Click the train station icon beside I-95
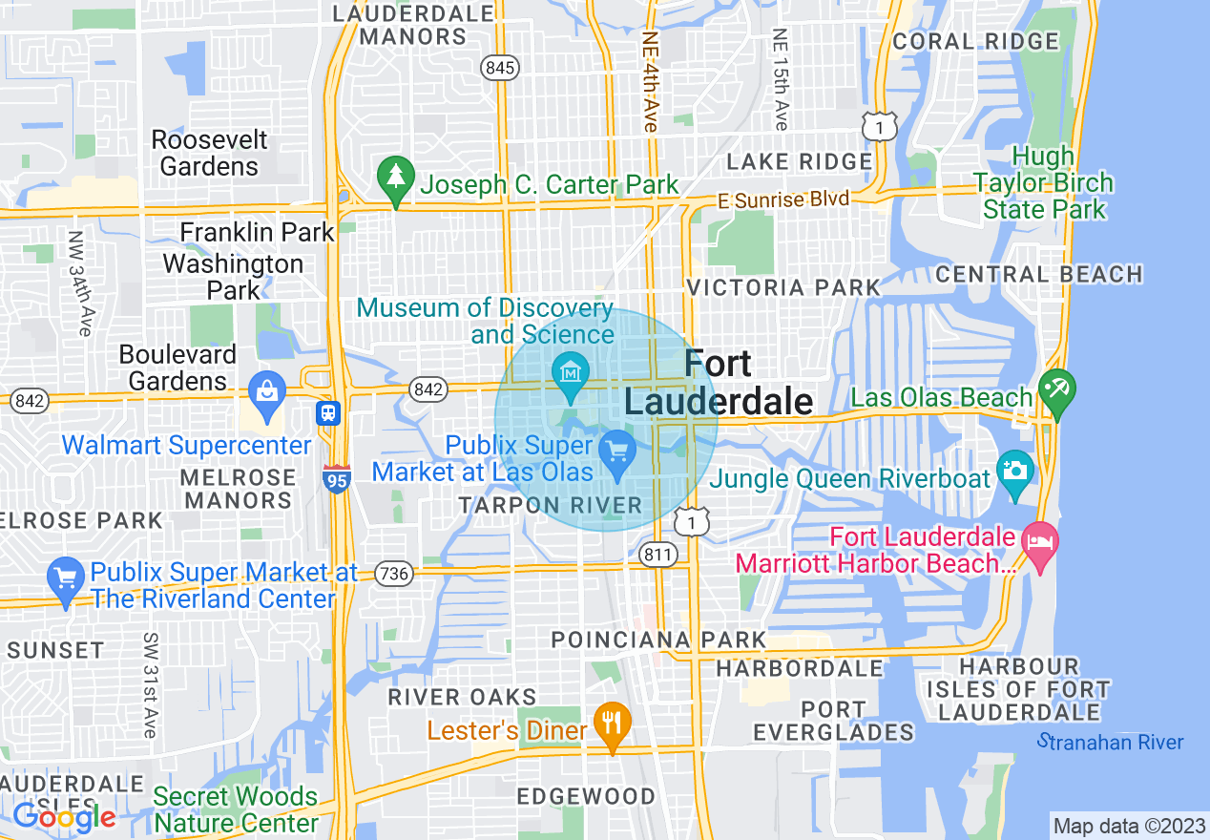[x=328, y=413]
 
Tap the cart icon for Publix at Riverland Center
[x=66, y=578]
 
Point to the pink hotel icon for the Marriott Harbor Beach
[x=1040, y=542]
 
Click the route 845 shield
[x=500, y=68]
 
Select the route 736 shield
[x=393, y=574]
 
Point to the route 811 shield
[x=658, y=555]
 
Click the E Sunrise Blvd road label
[x=782, y=199]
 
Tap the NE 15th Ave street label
[x=781, y=80]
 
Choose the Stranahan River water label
[x=1111, y=742]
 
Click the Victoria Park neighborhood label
[x=783, y=287]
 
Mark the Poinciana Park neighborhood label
[x=658, y=640]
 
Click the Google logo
[x=64, y=817]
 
